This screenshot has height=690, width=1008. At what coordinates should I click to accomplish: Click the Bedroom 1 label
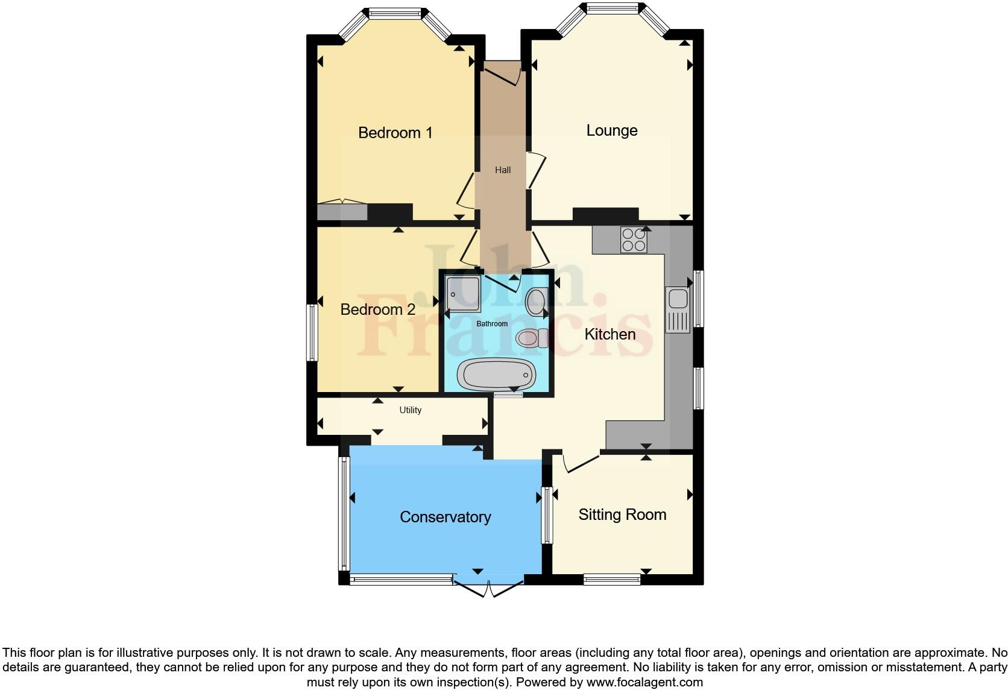[x=395, y=133]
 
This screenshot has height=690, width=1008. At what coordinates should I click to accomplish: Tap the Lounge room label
[x=612, y=130]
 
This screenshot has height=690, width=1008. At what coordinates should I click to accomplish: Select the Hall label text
[x=503, y=170]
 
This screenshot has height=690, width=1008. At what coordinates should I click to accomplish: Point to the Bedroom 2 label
[x=377, y=309]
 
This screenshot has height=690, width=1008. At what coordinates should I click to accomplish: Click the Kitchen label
[x=610, y=334]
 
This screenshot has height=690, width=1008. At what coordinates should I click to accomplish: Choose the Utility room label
[x=410, y=410]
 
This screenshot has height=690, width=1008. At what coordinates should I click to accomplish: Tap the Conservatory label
[x=446, y=517]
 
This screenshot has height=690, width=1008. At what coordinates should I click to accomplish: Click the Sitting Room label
[x=622, y=514]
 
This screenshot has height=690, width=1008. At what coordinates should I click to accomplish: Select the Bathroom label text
[x=492, y=324]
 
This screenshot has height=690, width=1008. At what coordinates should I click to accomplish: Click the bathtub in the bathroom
[x=496, y=374]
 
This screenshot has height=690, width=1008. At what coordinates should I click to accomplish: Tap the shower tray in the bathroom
[x=463, y=295]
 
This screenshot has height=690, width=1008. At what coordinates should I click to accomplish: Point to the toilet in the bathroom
[x=532, y=338]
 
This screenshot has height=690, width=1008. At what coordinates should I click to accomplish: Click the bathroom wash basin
[x=535, y=301]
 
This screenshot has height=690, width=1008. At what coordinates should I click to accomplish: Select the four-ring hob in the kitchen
[x=634, y=239]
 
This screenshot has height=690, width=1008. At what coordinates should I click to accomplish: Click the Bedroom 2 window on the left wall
[x=312, y=332]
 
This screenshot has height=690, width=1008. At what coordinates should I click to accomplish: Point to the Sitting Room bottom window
[x=611, y=580]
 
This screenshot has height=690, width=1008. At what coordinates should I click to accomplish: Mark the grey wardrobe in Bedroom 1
[x=342, y=212]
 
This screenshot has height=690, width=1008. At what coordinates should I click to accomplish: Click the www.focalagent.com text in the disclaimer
[x=644, y=683]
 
